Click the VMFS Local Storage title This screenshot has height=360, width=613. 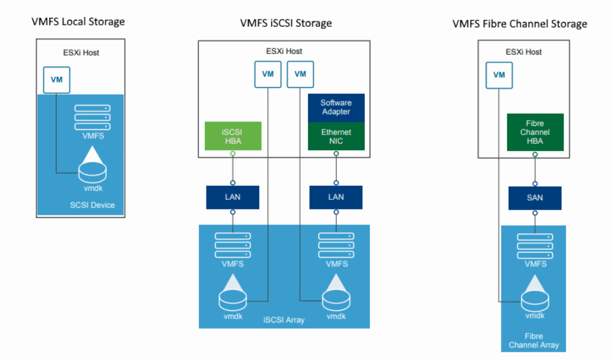click(x=78, y=22)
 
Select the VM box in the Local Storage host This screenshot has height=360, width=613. click(x=56, y=80)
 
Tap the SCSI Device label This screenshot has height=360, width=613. click(x=92, y=205)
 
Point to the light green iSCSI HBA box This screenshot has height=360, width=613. click(x=233, y=136)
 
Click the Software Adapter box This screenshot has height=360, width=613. click(x=336, y=107)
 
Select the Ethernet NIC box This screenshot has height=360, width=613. click(x=336, y=137)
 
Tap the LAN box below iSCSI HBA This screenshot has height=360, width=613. click(x=233, y=197)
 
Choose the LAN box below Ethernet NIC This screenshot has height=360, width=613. click(x=336, y=197)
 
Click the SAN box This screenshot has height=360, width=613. click(x=534, y=198)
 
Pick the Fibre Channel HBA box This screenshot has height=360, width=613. click(x=535, y=132)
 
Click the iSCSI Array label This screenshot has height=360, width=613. click(x=284, y=320)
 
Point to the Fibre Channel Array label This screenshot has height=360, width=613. click(x=534, y=340)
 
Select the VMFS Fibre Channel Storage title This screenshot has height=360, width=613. click(x=519, y=24)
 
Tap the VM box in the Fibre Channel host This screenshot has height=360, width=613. click(x=499, y=75)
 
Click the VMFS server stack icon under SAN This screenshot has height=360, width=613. click(x=535, y=246)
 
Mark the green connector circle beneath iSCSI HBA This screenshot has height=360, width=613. click(x=233, y=154)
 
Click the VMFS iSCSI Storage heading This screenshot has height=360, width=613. click(x=286, y=23)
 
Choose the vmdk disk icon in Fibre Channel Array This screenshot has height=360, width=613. click(x=535, y=299)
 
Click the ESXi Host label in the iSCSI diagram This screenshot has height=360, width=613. click(x=284, y=51)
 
